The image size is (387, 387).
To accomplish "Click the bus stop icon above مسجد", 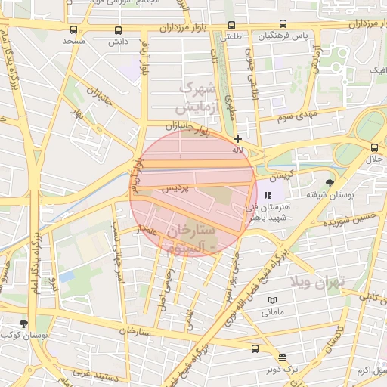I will [x=73, y=30].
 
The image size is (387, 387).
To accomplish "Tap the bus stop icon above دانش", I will [x=118, y=30].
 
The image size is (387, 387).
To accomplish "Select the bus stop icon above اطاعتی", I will [x=230, y=25].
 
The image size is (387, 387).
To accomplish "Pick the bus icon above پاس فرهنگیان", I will [x=283, y=24].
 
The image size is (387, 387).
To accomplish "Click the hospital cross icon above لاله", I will [x=238, y=138].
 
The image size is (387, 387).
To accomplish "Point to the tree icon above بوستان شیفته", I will [x=330, y=183].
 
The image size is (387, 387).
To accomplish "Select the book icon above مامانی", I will [x=273, y=300].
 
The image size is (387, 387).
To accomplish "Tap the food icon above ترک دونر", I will [x=283, y=358].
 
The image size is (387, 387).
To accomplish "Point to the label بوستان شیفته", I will [x=332, y=195].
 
